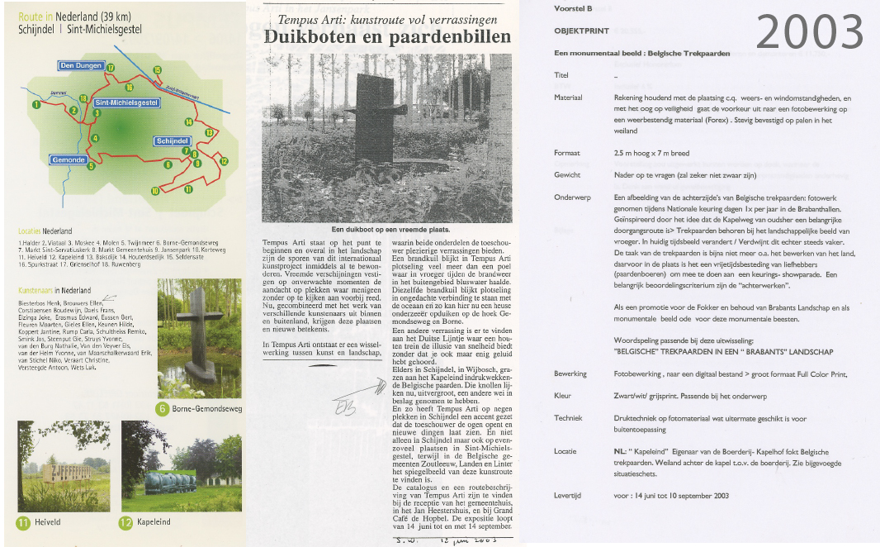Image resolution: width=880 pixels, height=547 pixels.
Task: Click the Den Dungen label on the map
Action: [81, 65]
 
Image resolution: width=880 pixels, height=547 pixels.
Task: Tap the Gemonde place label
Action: [68, 159]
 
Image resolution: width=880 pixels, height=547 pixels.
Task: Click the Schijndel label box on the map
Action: [173, 141]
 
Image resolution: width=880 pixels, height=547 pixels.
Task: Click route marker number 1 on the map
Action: [36, 105]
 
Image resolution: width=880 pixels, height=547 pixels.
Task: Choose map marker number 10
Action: [154, 192]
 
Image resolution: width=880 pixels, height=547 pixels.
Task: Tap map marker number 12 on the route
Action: [224, 162]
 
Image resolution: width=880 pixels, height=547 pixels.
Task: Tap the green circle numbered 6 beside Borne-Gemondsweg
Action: [163, 408]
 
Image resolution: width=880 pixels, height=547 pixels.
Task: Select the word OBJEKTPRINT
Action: [581, 31]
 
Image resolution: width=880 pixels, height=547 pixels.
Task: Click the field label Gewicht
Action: [567, 175]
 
